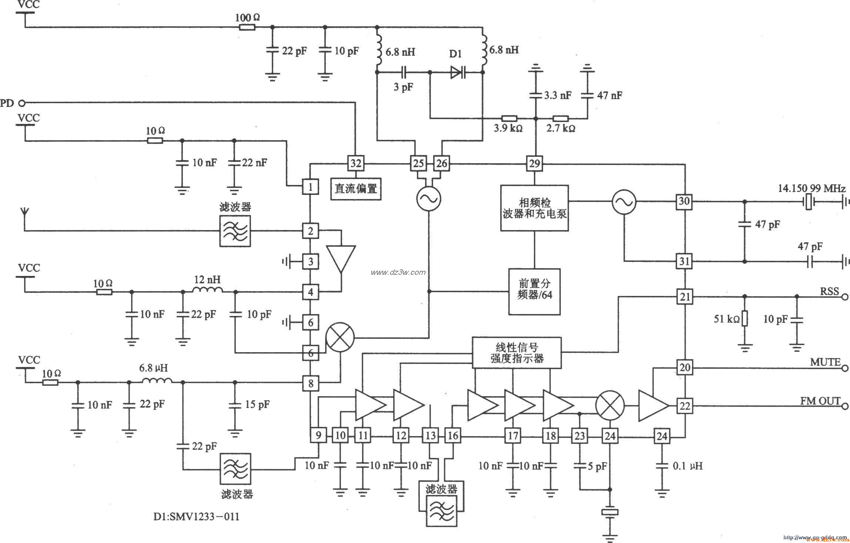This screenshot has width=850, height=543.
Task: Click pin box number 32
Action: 355,163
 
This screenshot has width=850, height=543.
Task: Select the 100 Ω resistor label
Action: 248,17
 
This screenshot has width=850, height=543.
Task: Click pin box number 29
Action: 534,163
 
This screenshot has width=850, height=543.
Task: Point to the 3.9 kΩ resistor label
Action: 508,128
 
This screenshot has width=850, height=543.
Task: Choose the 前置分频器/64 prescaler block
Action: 534,291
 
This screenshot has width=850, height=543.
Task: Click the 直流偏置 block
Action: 355,189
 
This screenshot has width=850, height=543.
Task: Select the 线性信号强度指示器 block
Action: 517,353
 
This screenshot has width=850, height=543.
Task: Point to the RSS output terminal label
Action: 829,291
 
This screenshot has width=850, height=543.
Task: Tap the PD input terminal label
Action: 7,103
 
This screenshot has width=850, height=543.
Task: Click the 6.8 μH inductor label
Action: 153,368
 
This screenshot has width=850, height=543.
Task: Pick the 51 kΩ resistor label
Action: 726,319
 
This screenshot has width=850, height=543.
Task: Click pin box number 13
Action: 431,436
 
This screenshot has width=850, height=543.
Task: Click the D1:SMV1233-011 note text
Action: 196,516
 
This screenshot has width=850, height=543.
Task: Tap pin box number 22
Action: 685,406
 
